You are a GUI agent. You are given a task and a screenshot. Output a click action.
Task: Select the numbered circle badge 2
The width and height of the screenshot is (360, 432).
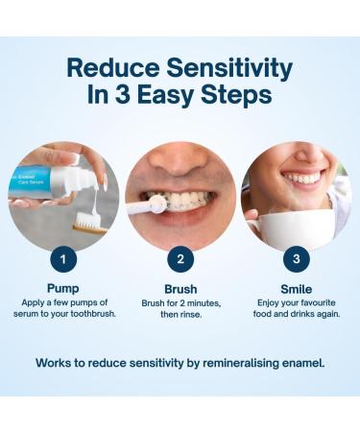(x=180, y=258)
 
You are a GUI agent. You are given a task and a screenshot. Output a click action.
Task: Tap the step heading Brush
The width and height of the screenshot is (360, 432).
(x=180, y=287)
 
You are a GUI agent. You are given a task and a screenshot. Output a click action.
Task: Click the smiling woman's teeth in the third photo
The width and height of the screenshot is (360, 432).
(x=304, y=178)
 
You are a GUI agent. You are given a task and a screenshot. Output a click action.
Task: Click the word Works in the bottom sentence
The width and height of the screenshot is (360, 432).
(x=56, y=363)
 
